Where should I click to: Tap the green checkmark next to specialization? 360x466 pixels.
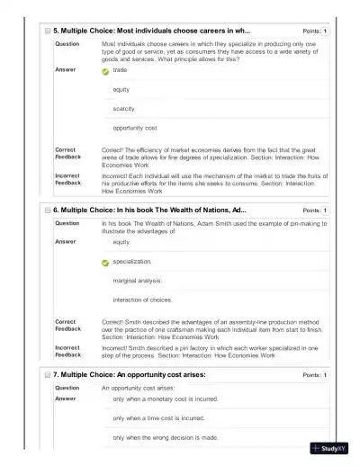[105, 262]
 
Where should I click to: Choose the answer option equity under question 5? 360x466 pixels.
[121, 89]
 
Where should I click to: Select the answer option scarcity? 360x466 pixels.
[123, 108]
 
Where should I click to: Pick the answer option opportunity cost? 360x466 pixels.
[135, 128]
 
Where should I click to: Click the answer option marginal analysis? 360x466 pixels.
[138, 280]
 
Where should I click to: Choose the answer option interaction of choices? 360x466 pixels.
[142, 300]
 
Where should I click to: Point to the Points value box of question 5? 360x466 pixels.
[325, 31]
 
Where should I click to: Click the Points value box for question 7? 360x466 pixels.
[325, 373]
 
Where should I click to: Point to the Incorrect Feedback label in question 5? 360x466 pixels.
[68, 179]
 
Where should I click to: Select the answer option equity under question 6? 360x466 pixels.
[121, 242]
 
